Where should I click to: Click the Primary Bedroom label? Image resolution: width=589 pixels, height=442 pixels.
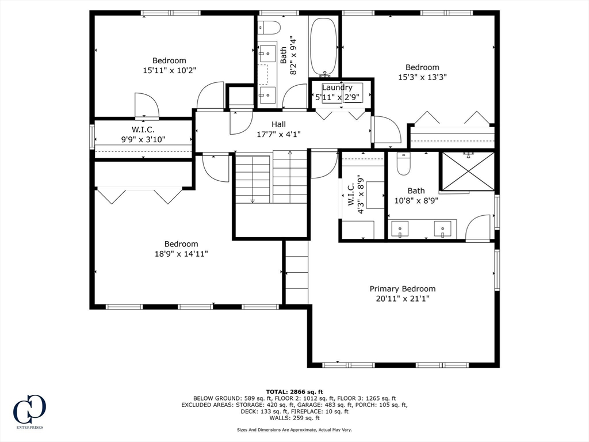(x=403, y=289)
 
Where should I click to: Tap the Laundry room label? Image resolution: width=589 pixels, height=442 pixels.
(x=337, y=87)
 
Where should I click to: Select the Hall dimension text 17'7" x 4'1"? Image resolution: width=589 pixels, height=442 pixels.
(x=279, y=134)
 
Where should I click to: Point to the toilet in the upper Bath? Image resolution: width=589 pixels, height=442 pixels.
(x=269, y=28)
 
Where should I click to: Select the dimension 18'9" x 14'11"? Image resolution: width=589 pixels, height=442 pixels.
(x=181, y=254)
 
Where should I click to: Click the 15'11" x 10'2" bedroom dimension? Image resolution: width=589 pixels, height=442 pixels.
(x=170, y=70)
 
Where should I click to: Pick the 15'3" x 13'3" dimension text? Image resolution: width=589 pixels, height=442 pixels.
(x=423, y=77)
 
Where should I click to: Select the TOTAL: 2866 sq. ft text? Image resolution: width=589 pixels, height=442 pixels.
(x=294, y=391)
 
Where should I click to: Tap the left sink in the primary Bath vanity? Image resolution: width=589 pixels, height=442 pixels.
(x=400, y=229)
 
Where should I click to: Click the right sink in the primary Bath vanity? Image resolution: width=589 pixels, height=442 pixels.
(x=443, y=229)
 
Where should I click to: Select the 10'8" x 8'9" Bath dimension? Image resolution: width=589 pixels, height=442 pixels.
(x=416, y=200)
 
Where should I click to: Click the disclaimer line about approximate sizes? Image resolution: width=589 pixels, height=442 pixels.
(x=294, y=429)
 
